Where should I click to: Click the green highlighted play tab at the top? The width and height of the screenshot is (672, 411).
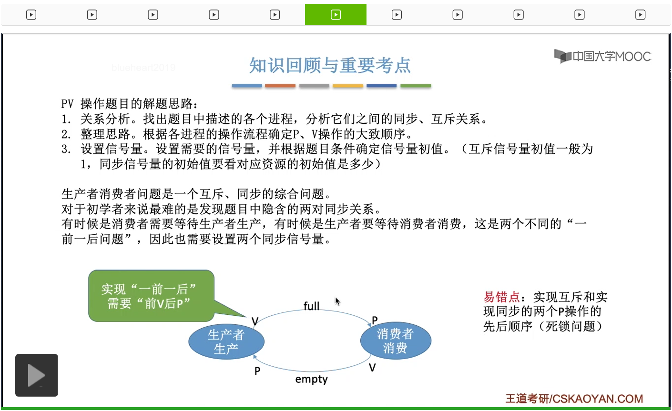point(336,15)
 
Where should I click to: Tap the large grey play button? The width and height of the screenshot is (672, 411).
point(37,375)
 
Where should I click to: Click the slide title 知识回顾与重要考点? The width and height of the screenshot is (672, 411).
point(330,65)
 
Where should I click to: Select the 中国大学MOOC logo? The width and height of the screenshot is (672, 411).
point(602,56)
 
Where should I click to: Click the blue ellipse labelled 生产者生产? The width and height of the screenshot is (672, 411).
point(226,342)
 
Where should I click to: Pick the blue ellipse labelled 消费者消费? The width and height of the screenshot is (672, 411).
point(395,341)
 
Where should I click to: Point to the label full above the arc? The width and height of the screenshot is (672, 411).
point(312,306)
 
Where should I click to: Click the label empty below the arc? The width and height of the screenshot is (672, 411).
point(311,380)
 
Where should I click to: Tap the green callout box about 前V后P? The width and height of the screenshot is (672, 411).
point(151,296)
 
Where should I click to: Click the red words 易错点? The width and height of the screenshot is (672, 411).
point(501,297)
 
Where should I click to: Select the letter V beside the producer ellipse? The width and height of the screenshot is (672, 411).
point(255,322)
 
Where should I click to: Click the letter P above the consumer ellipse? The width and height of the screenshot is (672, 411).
point(375,321)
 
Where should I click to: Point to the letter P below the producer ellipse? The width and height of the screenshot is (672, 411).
point(257,371)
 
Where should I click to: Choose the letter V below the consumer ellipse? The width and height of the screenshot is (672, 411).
point(372,368)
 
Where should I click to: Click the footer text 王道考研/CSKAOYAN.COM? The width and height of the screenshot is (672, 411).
point(574,399)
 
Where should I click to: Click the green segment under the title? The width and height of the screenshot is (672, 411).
point(416,86)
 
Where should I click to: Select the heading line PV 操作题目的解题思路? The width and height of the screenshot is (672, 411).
point(129,104)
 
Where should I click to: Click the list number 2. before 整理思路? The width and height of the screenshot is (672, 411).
point(66,134)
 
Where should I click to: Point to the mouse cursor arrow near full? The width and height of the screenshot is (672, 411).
point(337,301)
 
